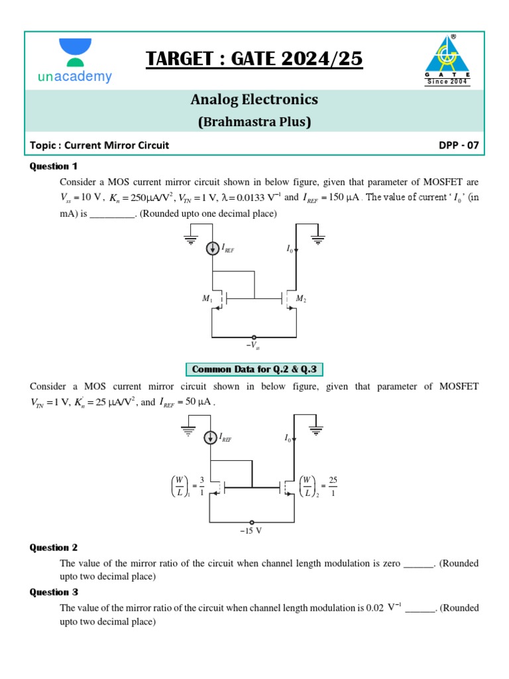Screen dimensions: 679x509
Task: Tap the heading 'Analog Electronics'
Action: [254, 99]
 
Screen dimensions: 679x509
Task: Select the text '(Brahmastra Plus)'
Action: [254, 122]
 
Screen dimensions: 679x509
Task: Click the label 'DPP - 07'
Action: [458, 145]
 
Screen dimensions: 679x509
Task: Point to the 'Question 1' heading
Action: [54, 166]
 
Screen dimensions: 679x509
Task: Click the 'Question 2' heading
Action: [54, 548]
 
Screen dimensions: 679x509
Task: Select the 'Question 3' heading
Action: [54, 592]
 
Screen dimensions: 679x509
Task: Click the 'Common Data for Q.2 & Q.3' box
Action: [254, 369]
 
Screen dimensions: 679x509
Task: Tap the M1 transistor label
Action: [207, 300]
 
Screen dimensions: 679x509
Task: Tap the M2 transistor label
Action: [300, 300]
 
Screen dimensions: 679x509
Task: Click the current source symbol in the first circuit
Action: [213, 248]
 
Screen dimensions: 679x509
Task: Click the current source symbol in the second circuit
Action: [211, 437]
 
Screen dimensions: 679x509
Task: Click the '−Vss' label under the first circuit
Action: [253, 345]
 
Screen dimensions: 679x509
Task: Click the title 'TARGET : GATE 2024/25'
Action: [254, 59]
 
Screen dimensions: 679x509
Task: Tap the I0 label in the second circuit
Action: [288, 438]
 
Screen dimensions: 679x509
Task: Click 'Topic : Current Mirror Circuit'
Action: [99, 145]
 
